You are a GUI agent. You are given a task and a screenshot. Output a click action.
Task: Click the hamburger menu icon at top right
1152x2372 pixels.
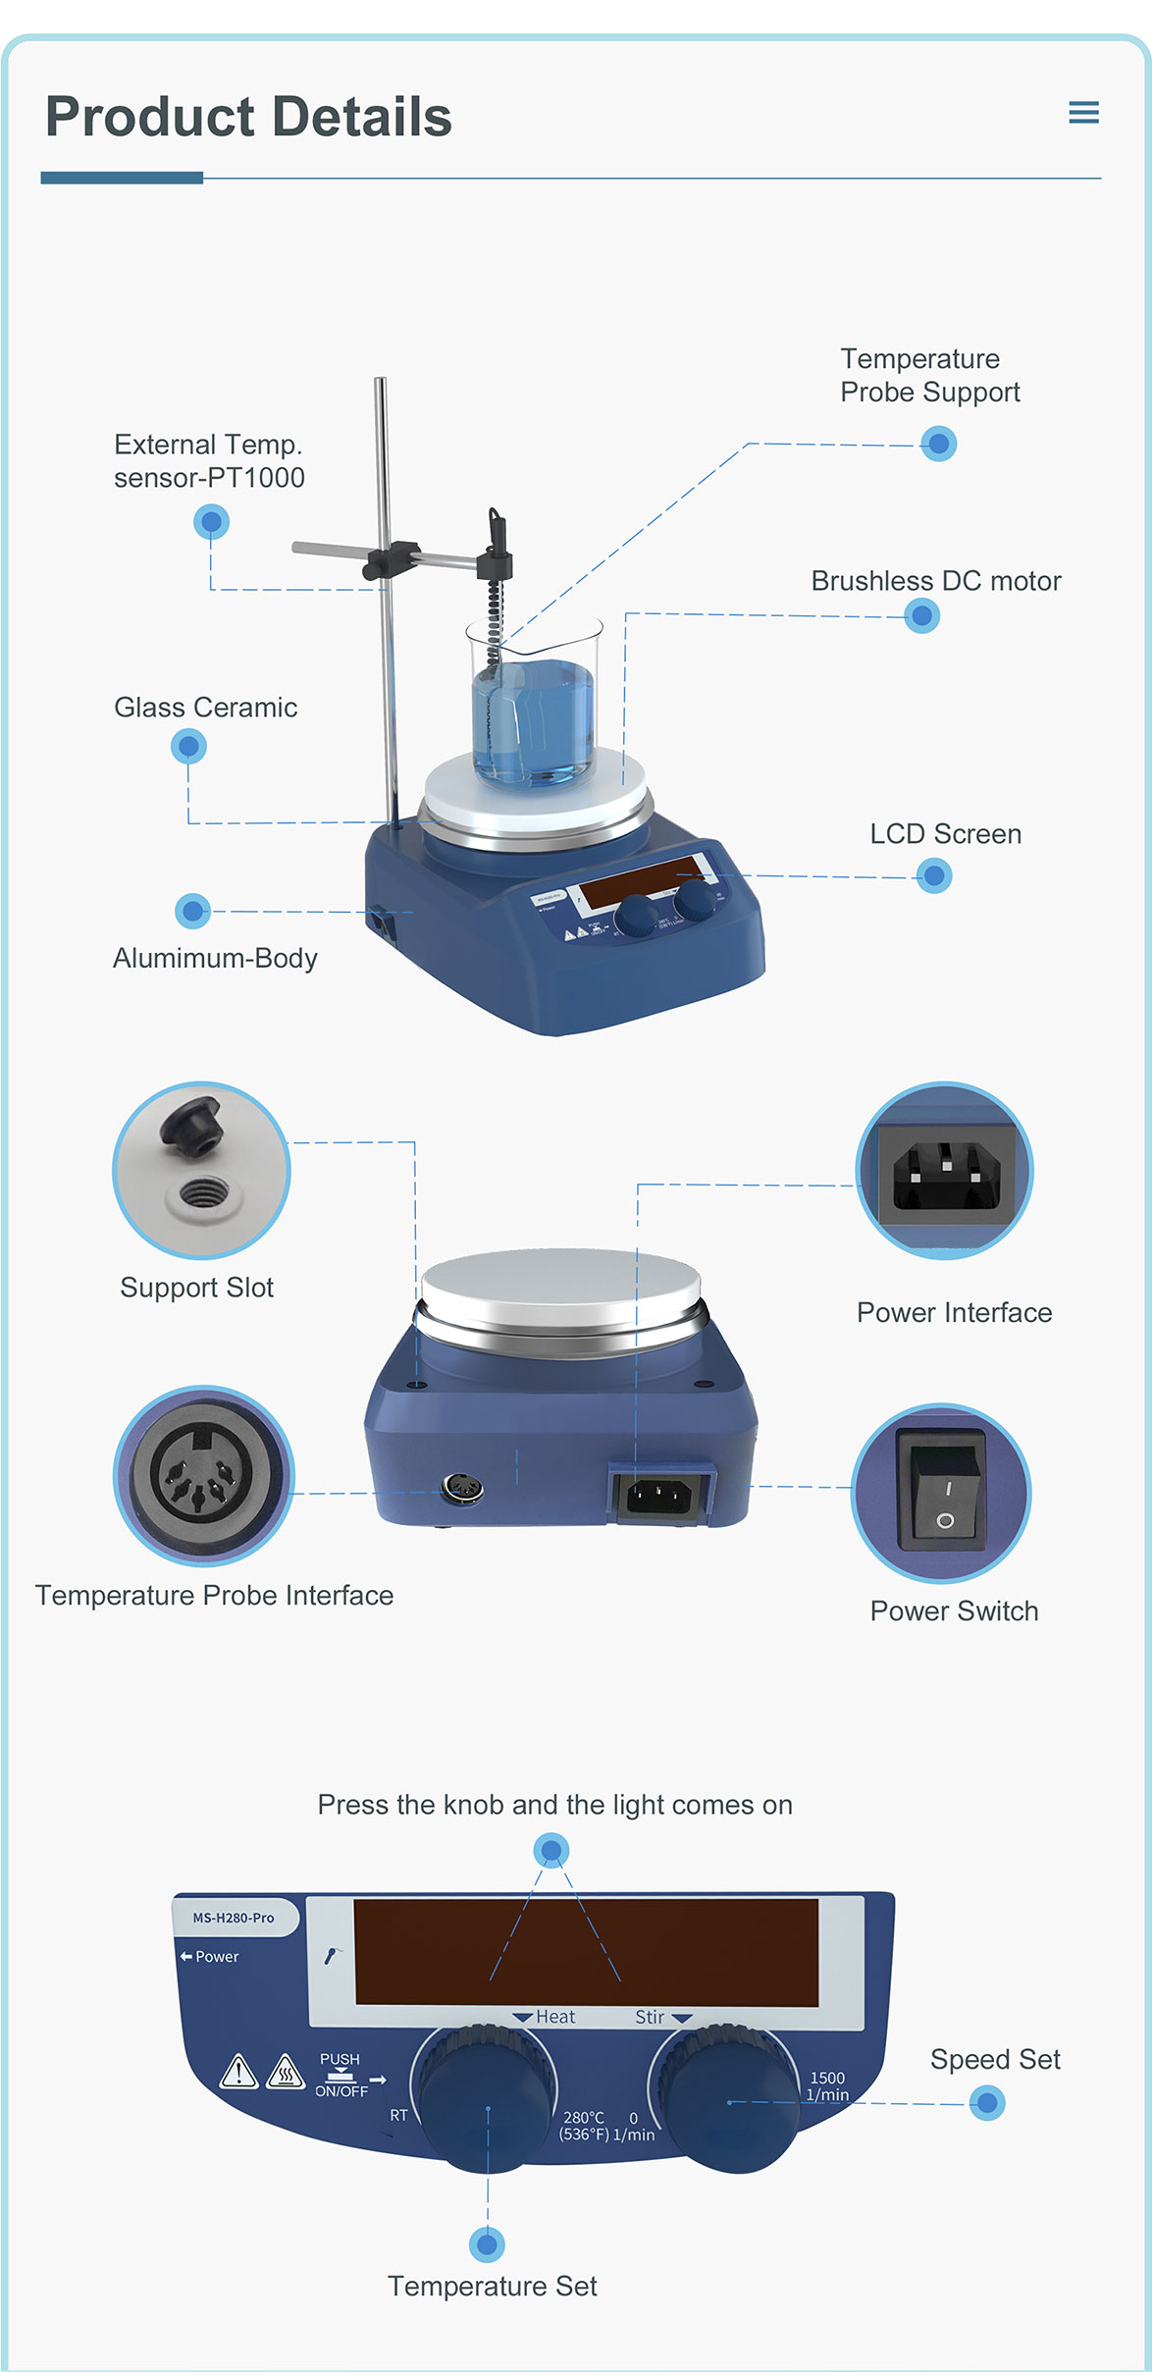1083,112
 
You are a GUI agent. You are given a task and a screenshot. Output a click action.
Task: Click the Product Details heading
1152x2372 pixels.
248,117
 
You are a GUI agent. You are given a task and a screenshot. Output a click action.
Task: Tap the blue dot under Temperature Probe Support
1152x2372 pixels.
939,444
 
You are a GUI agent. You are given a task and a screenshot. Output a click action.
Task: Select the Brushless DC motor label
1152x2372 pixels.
935,581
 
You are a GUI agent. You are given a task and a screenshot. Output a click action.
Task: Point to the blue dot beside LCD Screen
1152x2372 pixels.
934,875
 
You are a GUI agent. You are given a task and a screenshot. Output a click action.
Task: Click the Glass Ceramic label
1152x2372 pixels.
205,708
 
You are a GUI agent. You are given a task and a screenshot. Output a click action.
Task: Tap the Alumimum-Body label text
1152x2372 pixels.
215,958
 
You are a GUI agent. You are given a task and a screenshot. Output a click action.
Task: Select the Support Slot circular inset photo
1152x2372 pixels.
201,1170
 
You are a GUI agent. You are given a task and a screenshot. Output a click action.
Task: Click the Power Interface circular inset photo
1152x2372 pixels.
945,1170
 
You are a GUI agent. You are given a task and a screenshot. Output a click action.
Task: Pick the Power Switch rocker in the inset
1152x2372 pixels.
942,1492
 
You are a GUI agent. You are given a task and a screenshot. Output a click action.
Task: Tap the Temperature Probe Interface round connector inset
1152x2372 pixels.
203,1475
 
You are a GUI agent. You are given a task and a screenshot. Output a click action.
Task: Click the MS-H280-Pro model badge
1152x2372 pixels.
234,1918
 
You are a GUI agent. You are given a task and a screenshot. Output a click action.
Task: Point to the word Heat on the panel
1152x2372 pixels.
555,2017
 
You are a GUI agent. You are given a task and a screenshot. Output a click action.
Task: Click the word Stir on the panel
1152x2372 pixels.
650,2017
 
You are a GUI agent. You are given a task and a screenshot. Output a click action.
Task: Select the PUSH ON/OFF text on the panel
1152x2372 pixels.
340,2075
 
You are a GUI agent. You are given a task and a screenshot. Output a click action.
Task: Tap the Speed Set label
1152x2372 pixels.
995,2059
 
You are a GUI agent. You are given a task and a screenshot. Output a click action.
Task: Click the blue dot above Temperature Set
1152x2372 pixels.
488,2243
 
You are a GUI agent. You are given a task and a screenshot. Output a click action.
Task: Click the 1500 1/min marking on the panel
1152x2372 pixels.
827,2086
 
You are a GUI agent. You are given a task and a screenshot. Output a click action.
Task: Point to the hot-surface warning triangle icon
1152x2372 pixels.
286,2072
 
